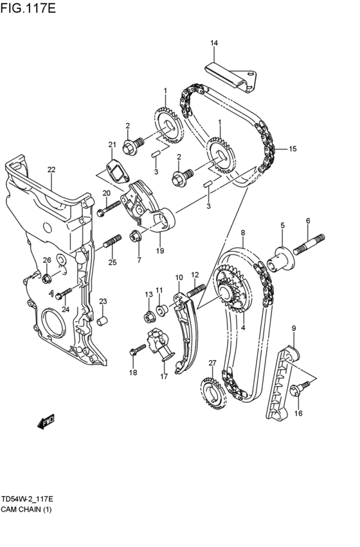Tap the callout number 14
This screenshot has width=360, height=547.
pyautogui.click(x=214, y=43)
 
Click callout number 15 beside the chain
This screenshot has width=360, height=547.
pyautogui.click(x=292, y=149)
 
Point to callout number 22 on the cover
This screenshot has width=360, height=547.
pyautogui.click(x=51, y=170)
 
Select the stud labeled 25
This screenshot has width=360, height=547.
pyautogui.click(x=112, y=243)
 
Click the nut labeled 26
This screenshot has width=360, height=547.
pyautogui.click(x=47, y=278)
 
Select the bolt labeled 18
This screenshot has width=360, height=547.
pyautogui.click(x=136, y=350)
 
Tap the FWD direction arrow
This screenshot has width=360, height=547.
pyautogui.click(x=47, y=422)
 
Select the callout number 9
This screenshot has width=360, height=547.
pyautogui.click(x=294, y=328)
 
